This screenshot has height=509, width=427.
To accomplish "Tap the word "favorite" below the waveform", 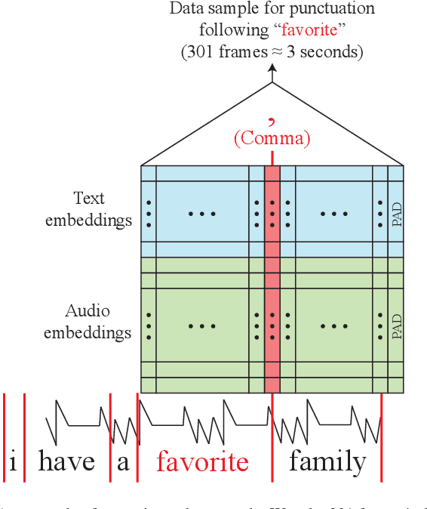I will point(202,461).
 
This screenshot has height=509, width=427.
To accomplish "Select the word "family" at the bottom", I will point(327,461).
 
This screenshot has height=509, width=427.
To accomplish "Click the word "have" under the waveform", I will point(66,461).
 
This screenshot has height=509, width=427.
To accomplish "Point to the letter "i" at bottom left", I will point(14,461).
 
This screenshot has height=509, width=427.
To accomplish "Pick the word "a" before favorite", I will point(123,462).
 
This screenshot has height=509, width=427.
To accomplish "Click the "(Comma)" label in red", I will point(272,140).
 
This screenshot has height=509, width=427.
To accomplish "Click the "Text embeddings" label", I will point(89,209).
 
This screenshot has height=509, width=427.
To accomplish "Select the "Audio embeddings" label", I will point(88,322).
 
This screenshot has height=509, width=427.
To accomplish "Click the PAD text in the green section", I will point(397,326).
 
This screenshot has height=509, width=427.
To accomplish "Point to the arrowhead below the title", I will point(272,69).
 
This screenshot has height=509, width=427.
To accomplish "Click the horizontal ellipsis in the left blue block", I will point(202,214).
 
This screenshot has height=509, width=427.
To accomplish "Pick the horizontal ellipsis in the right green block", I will point(333,326).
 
